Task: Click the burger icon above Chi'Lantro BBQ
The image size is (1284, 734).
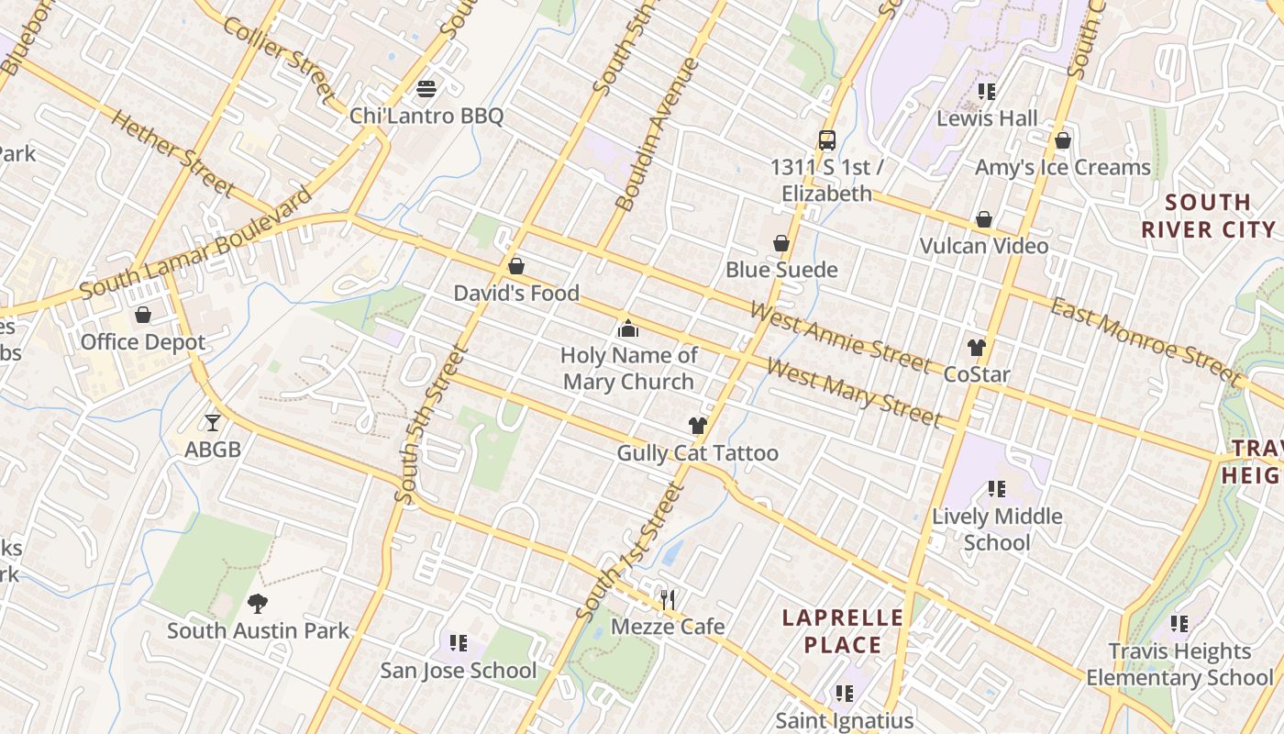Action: [426, 89]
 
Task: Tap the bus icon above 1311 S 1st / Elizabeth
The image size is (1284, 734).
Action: [827, 140]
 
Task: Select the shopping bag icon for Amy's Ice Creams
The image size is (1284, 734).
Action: [1063, 140]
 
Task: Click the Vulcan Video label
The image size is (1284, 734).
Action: [984, 246]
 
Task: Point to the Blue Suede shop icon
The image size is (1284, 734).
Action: [781, 243]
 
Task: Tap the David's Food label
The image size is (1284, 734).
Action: [516, 294]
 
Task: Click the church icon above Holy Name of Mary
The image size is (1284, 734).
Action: [628, 328]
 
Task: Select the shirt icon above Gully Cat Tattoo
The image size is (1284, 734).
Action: [698, 426]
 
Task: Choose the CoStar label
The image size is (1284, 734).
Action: [977, 374]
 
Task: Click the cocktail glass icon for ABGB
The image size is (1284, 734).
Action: [213, 422]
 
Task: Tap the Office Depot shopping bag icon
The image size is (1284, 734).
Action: [143, 316]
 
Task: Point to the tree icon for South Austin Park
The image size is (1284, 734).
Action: [258, 604]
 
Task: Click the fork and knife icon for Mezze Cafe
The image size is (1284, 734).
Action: [668, 600]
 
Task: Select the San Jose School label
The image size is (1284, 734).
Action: [459, 671]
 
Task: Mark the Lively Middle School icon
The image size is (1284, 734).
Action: [996, 489]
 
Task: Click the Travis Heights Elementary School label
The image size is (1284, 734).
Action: [1179, 664]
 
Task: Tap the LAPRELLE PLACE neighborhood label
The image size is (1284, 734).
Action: [843, 631]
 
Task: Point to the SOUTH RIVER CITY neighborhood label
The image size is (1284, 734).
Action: [1209, 216]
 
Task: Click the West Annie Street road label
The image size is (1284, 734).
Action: [840, 336]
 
